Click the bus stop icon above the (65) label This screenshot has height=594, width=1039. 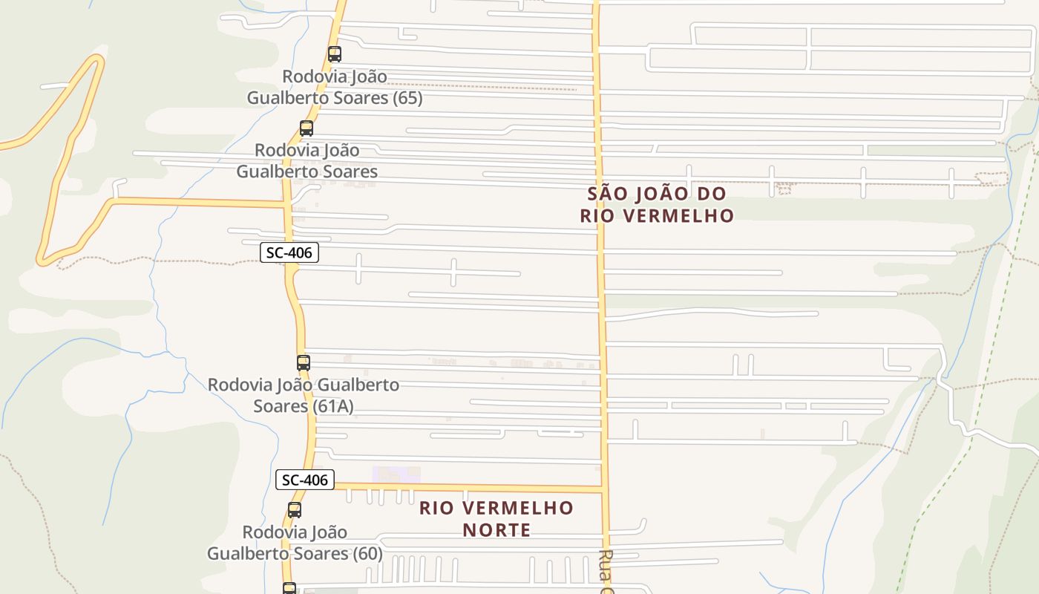[335, 54]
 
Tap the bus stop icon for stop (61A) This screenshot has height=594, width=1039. [304, 363]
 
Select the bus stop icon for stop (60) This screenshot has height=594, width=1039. [295, 510]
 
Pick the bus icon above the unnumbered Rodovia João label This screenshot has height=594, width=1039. [307, 128]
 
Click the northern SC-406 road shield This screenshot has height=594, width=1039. [289, 252]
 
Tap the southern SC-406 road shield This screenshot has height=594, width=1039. [304, 480]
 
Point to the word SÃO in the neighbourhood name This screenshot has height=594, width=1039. [607, 194]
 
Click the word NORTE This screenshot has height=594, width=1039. [497, 530]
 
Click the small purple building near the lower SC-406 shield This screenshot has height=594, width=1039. [396, 474]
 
